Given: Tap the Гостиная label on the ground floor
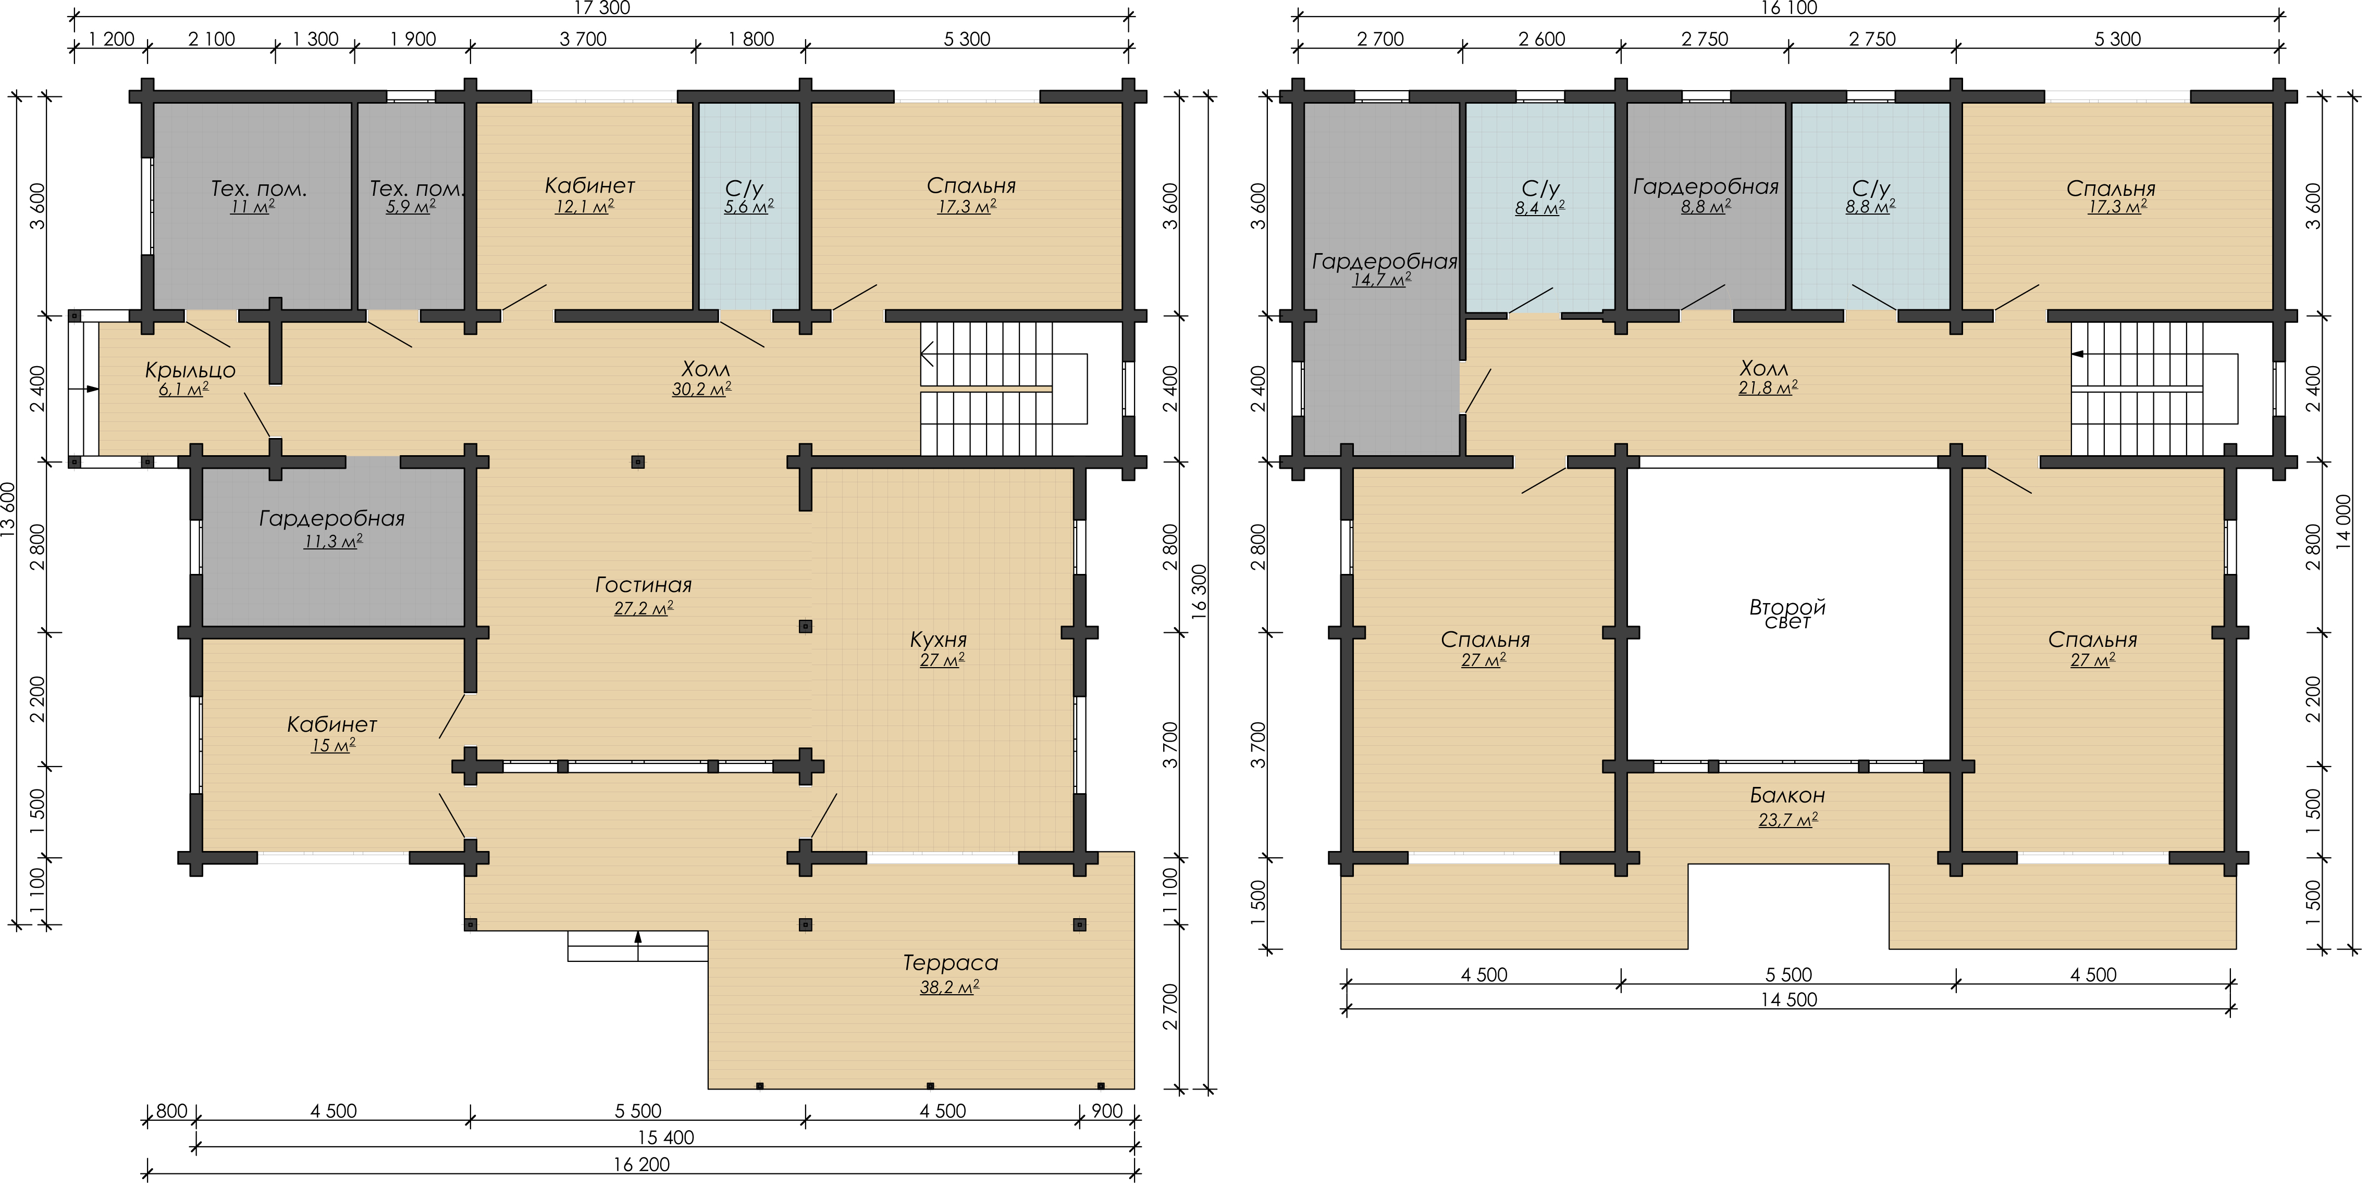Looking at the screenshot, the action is click(x=644, y=584).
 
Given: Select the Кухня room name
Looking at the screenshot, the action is click(x=939, y=640).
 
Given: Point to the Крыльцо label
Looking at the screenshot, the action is click(x=190, y=370).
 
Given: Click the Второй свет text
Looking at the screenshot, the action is click(x=1787, y=614).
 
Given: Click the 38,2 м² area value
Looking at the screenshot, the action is click(x=949, y=987).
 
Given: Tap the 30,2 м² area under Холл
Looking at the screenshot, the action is click(x=701, y=389).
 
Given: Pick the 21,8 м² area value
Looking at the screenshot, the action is click(x=1768, y=388).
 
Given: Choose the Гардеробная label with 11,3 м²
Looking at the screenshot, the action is click(x=332, y=518).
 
